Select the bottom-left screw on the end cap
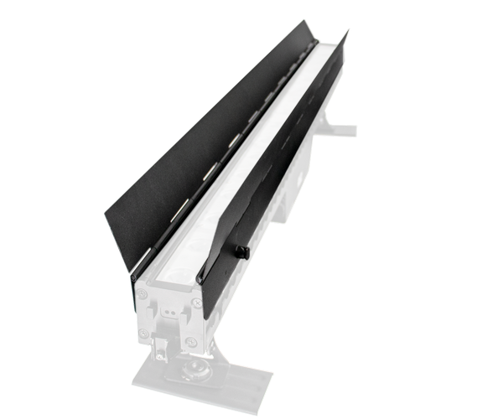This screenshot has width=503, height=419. coord(143,334)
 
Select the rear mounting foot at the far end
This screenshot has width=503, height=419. coord(340,130)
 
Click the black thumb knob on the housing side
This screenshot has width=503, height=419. coord(241,251)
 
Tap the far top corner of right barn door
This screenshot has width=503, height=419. coord(348,30)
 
